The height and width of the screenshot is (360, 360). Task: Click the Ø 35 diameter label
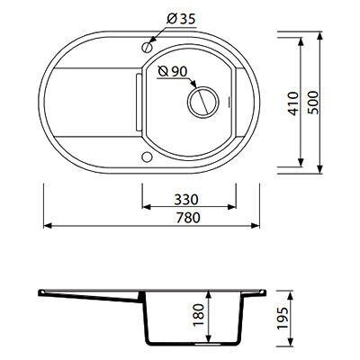click(181, 19)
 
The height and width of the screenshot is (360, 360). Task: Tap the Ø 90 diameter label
click(173, 72)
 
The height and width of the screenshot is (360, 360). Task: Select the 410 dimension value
click(294, 103)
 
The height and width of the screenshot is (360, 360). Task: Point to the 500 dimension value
click(313, 103)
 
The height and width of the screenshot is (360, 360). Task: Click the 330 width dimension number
click(186, 200)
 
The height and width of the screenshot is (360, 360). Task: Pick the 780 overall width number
click(188, 218)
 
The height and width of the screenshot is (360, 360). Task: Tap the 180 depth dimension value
click(198, 315)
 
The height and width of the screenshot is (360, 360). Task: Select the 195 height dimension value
click(283, 319)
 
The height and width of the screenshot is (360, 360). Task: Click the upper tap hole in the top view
click(147, 47)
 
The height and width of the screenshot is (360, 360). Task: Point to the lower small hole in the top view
click(147, 157)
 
